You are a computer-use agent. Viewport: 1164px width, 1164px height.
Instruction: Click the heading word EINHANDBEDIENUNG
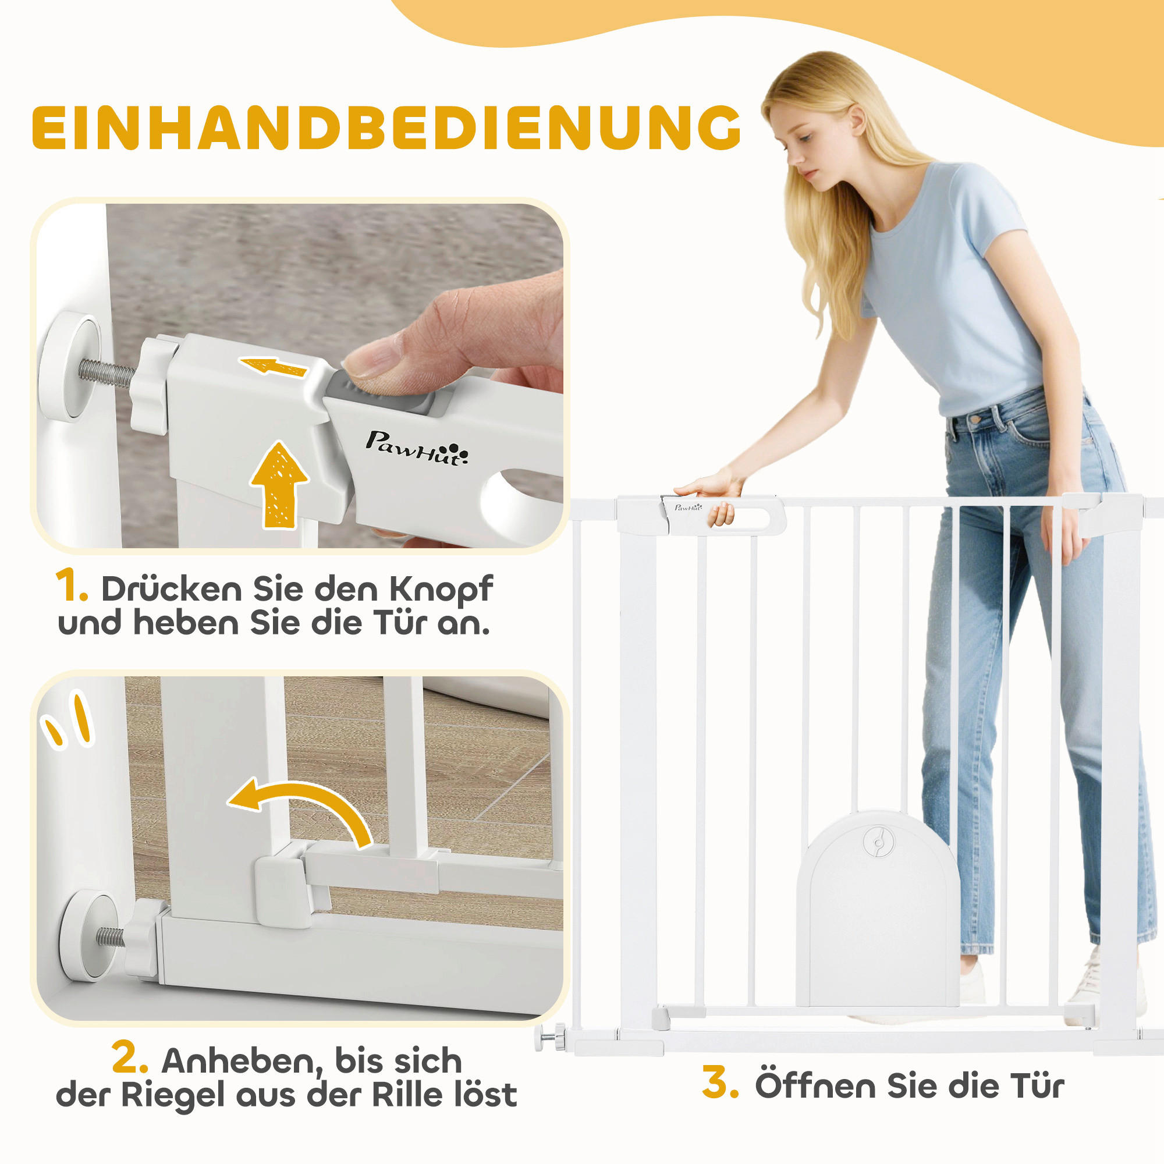[x=386, y=127]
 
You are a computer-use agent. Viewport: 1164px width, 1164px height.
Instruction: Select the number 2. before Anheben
[x=130, y=1059]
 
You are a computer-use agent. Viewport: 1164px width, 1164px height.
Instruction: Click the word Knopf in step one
[x=441, y=589]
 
